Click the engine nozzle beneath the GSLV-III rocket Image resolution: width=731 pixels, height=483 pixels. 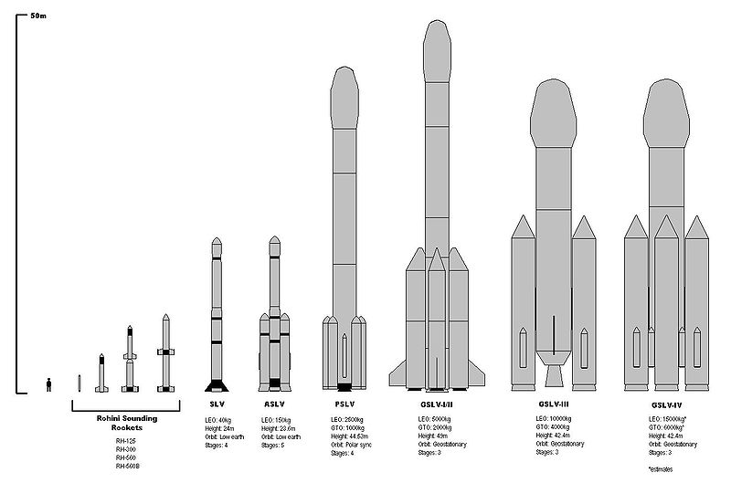pos(553,376)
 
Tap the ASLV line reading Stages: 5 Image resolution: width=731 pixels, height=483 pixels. pos(272,445)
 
